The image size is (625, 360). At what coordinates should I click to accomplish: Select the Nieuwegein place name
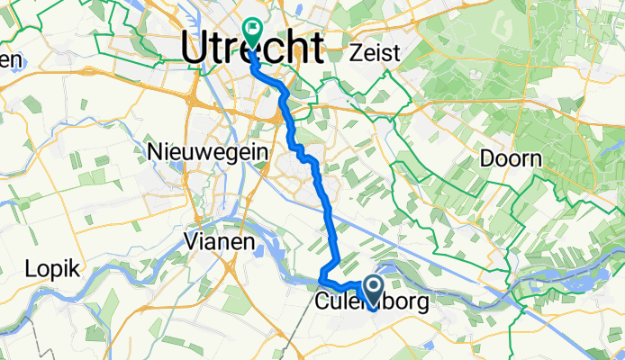tap(206, 153)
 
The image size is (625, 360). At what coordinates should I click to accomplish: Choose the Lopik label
tap(53, 268)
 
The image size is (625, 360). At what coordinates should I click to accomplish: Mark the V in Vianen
tap(190, 241)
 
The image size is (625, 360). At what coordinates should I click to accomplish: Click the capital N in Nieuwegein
tap(154, 153)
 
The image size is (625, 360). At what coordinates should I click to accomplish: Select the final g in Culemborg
tap(422, 303)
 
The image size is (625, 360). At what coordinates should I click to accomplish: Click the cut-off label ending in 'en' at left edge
tap(9, 59)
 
